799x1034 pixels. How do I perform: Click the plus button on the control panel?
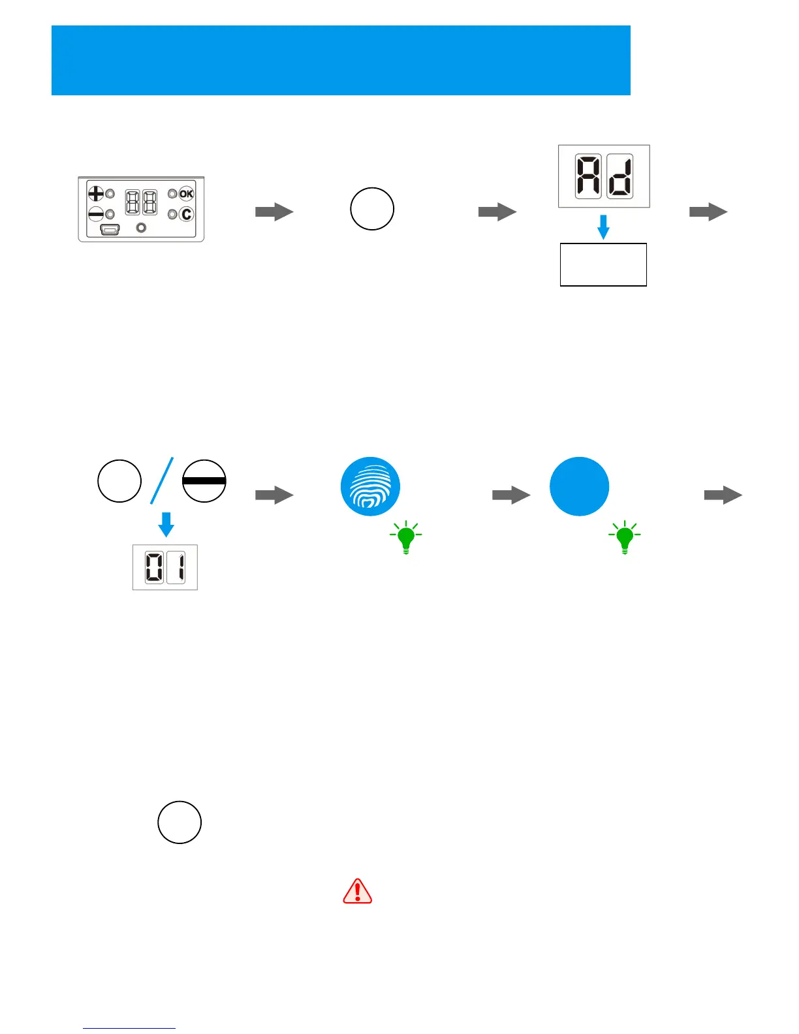point(96,193)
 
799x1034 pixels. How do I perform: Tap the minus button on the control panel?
point(96,213)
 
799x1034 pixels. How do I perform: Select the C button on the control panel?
point(186,214)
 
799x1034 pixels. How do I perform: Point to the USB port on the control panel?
point(110,229)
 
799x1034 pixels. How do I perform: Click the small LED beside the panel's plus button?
point(110,194)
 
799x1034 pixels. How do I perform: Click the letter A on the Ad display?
point(587,176)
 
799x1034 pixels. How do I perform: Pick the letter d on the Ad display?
point(619,176)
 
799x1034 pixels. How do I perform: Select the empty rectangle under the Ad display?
point(603,264)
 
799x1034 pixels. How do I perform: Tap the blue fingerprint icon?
point(370,486)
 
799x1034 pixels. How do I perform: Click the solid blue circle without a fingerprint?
point(579,486)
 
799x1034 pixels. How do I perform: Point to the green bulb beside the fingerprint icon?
point(406,537)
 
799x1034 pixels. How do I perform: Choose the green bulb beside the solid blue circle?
point(625,537)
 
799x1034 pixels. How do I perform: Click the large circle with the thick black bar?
point(204,481)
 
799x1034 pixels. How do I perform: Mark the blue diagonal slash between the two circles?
point(163,480)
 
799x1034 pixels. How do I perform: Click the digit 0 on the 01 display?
point(154,567)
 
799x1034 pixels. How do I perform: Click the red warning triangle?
point(358,891)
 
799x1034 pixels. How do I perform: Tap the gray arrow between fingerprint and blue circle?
point(511,495)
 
